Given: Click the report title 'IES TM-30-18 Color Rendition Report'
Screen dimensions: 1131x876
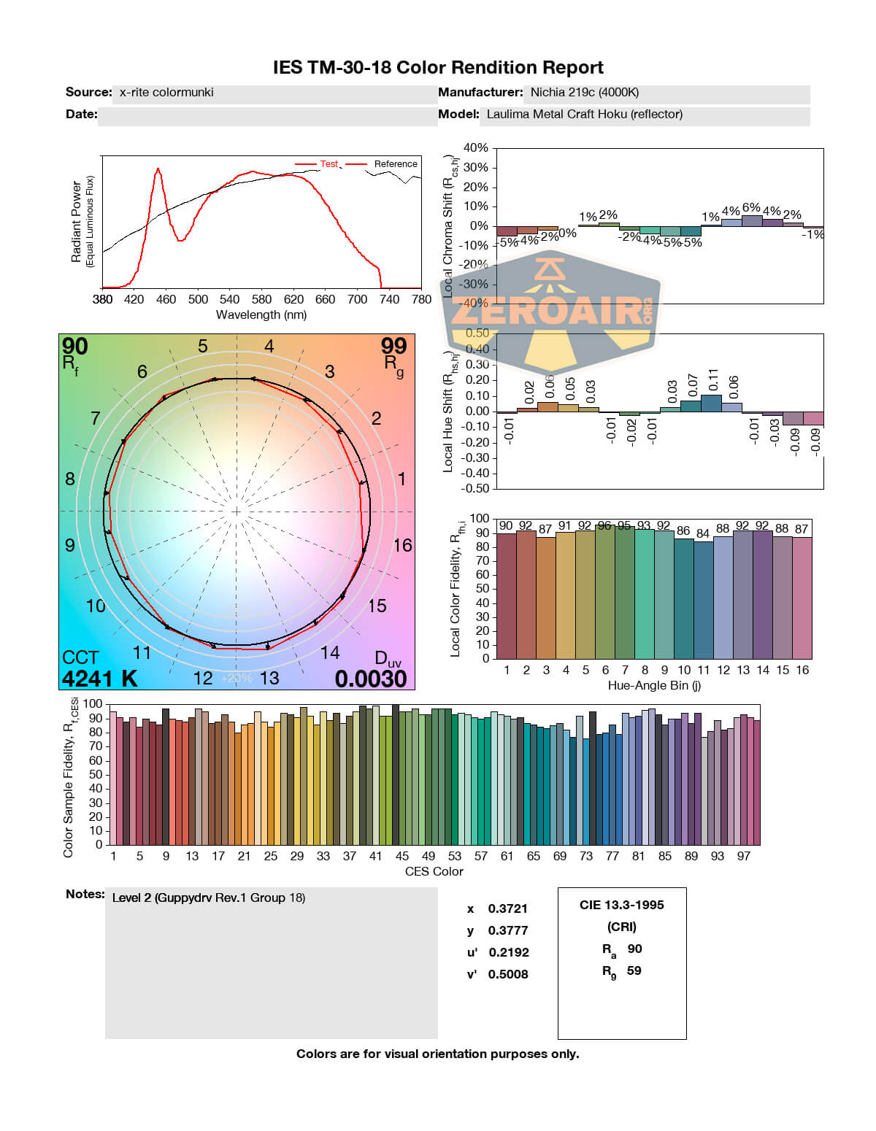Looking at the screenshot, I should (x=438, y=68).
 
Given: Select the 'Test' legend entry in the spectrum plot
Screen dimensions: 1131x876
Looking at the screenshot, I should (x=328, y=164).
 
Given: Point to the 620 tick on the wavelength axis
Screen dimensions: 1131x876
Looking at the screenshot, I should (x=293, y=299).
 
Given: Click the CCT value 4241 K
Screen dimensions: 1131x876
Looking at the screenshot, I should (x=99, y=679).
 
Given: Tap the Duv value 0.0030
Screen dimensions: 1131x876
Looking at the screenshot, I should (x=371, y=679).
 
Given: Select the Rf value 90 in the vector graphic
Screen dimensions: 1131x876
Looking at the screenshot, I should (x=74, y=347).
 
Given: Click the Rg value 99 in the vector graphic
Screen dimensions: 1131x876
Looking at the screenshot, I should (x=393, y=346).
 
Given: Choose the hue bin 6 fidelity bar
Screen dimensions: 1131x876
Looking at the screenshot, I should (x=605, y=592).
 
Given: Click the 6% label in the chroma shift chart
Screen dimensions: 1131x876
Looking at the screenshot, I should (x=751, y=208).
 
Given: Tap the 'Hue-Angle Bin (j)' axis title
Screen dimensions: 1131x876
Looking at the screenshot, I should (x=654, y=686).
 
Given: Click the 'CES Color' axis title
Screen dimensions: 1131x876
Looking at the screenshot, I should (x=434, y=871).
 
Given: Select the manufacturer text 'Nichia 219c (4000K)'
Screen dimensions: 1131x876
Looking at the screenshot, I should (x=584, y=93).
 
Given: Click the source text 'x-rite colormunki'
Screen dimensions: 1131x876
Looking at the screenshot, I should (x=166, y=93).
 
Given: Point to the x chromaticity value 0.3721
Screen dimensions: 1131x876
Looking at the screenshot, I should (x=507, y=908).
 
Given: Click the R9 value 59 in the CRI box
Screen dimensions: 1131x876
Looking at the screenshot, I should (x=634, y=970).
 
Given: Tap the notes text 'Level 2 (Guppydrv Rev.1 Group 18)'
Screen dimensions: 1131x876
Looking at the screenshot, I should (x=209, y=898).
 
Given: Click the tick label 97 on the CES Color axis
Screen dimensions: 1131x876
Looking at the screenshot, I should (x=743, y=856).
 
